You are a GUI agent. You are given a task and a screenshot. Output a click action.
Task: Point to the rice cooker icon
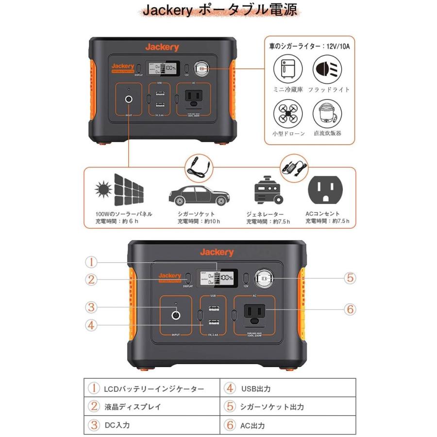pyautogui.click(x=325, y=114)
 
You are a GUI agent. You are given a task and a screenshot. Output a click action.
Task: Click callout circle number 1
pyautogui.click(x=92, y=262)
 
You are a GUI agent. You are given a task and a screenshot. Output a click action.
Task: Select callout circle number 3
pyautogui.click(x=92, y=307)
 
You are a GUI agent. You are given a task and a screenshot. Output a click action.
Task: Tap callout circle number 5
pyautogui.click(x=350, y=278)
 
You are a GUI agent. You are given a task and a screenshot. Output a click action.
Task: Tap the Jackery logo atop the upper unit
pyautogui.click(x=162, y=47)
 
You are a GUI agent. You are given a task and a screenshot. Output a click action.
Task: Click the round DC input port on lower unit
pyautogui.click(x=176, y=315)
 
